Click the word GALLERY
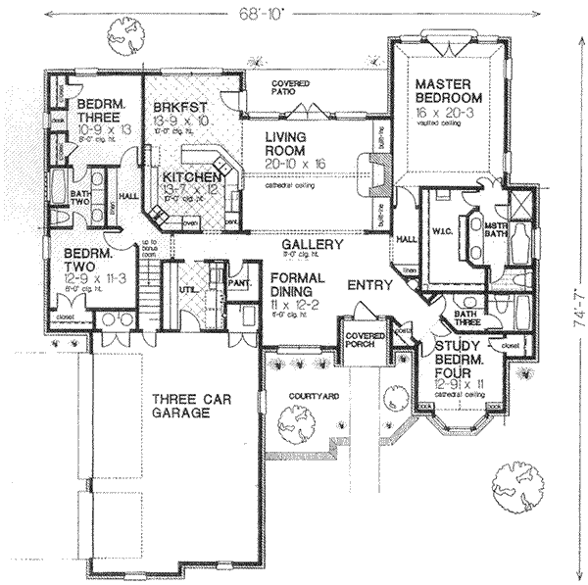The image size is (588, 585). [312, 244]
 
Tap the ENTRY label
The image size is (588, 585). [371, 285]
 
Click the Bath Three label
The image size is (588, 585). [465, 318]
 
